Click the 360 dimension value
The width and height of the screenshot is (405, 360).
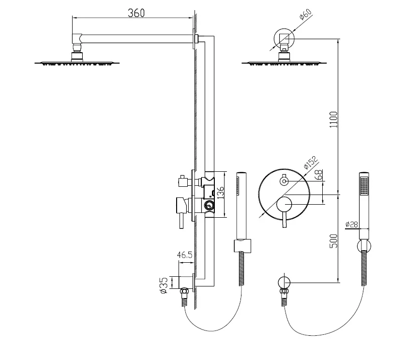point(136,13)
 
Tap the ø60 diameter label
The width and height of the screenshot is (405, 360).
point(305,14)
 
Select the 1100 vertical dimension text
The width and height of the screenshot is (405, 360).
point(334,120)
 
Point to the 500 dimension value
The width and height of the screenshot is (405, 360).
point(334,240)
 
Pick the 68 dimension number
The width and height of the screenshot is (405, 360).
point(319,175)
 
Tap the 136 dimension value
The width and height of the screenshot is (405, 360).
point(220,193)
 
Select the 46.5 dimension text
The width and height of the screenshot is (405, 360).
point(185,255)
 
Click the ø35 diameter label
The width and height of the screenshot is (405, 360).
point(164,285)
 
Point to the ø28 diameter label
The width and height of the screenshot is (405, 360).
point(352,224)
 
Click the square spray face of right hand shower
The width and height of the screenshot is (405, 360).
point(364,185)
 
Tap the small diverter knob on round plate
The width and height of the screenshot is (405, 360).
point(285,181)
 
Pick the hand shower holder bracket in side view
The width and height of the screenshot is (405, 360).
point(242,246)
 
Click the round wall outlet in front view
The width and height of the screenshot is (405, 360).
point(284,283)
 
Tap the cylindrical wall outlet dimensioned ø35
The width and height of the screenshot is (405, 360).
point(186,282)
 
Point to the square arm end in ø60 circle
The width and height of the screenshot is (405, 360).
point(284,39)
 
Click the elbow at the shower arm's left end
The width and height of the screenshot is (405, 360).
point(77,39)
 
